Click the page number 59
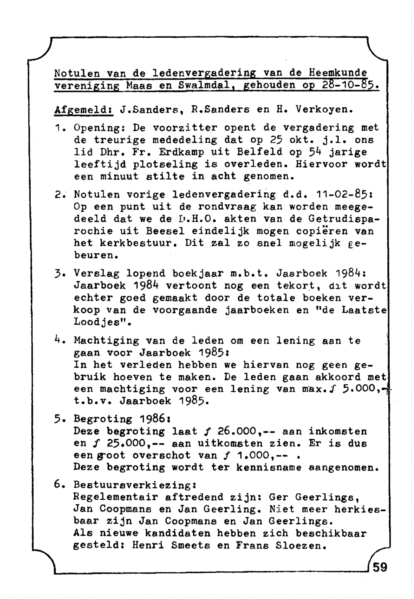pyautogui.click(x=380, y=567)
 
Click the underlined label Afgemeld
pyautogui.click(x=84, y=111)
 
